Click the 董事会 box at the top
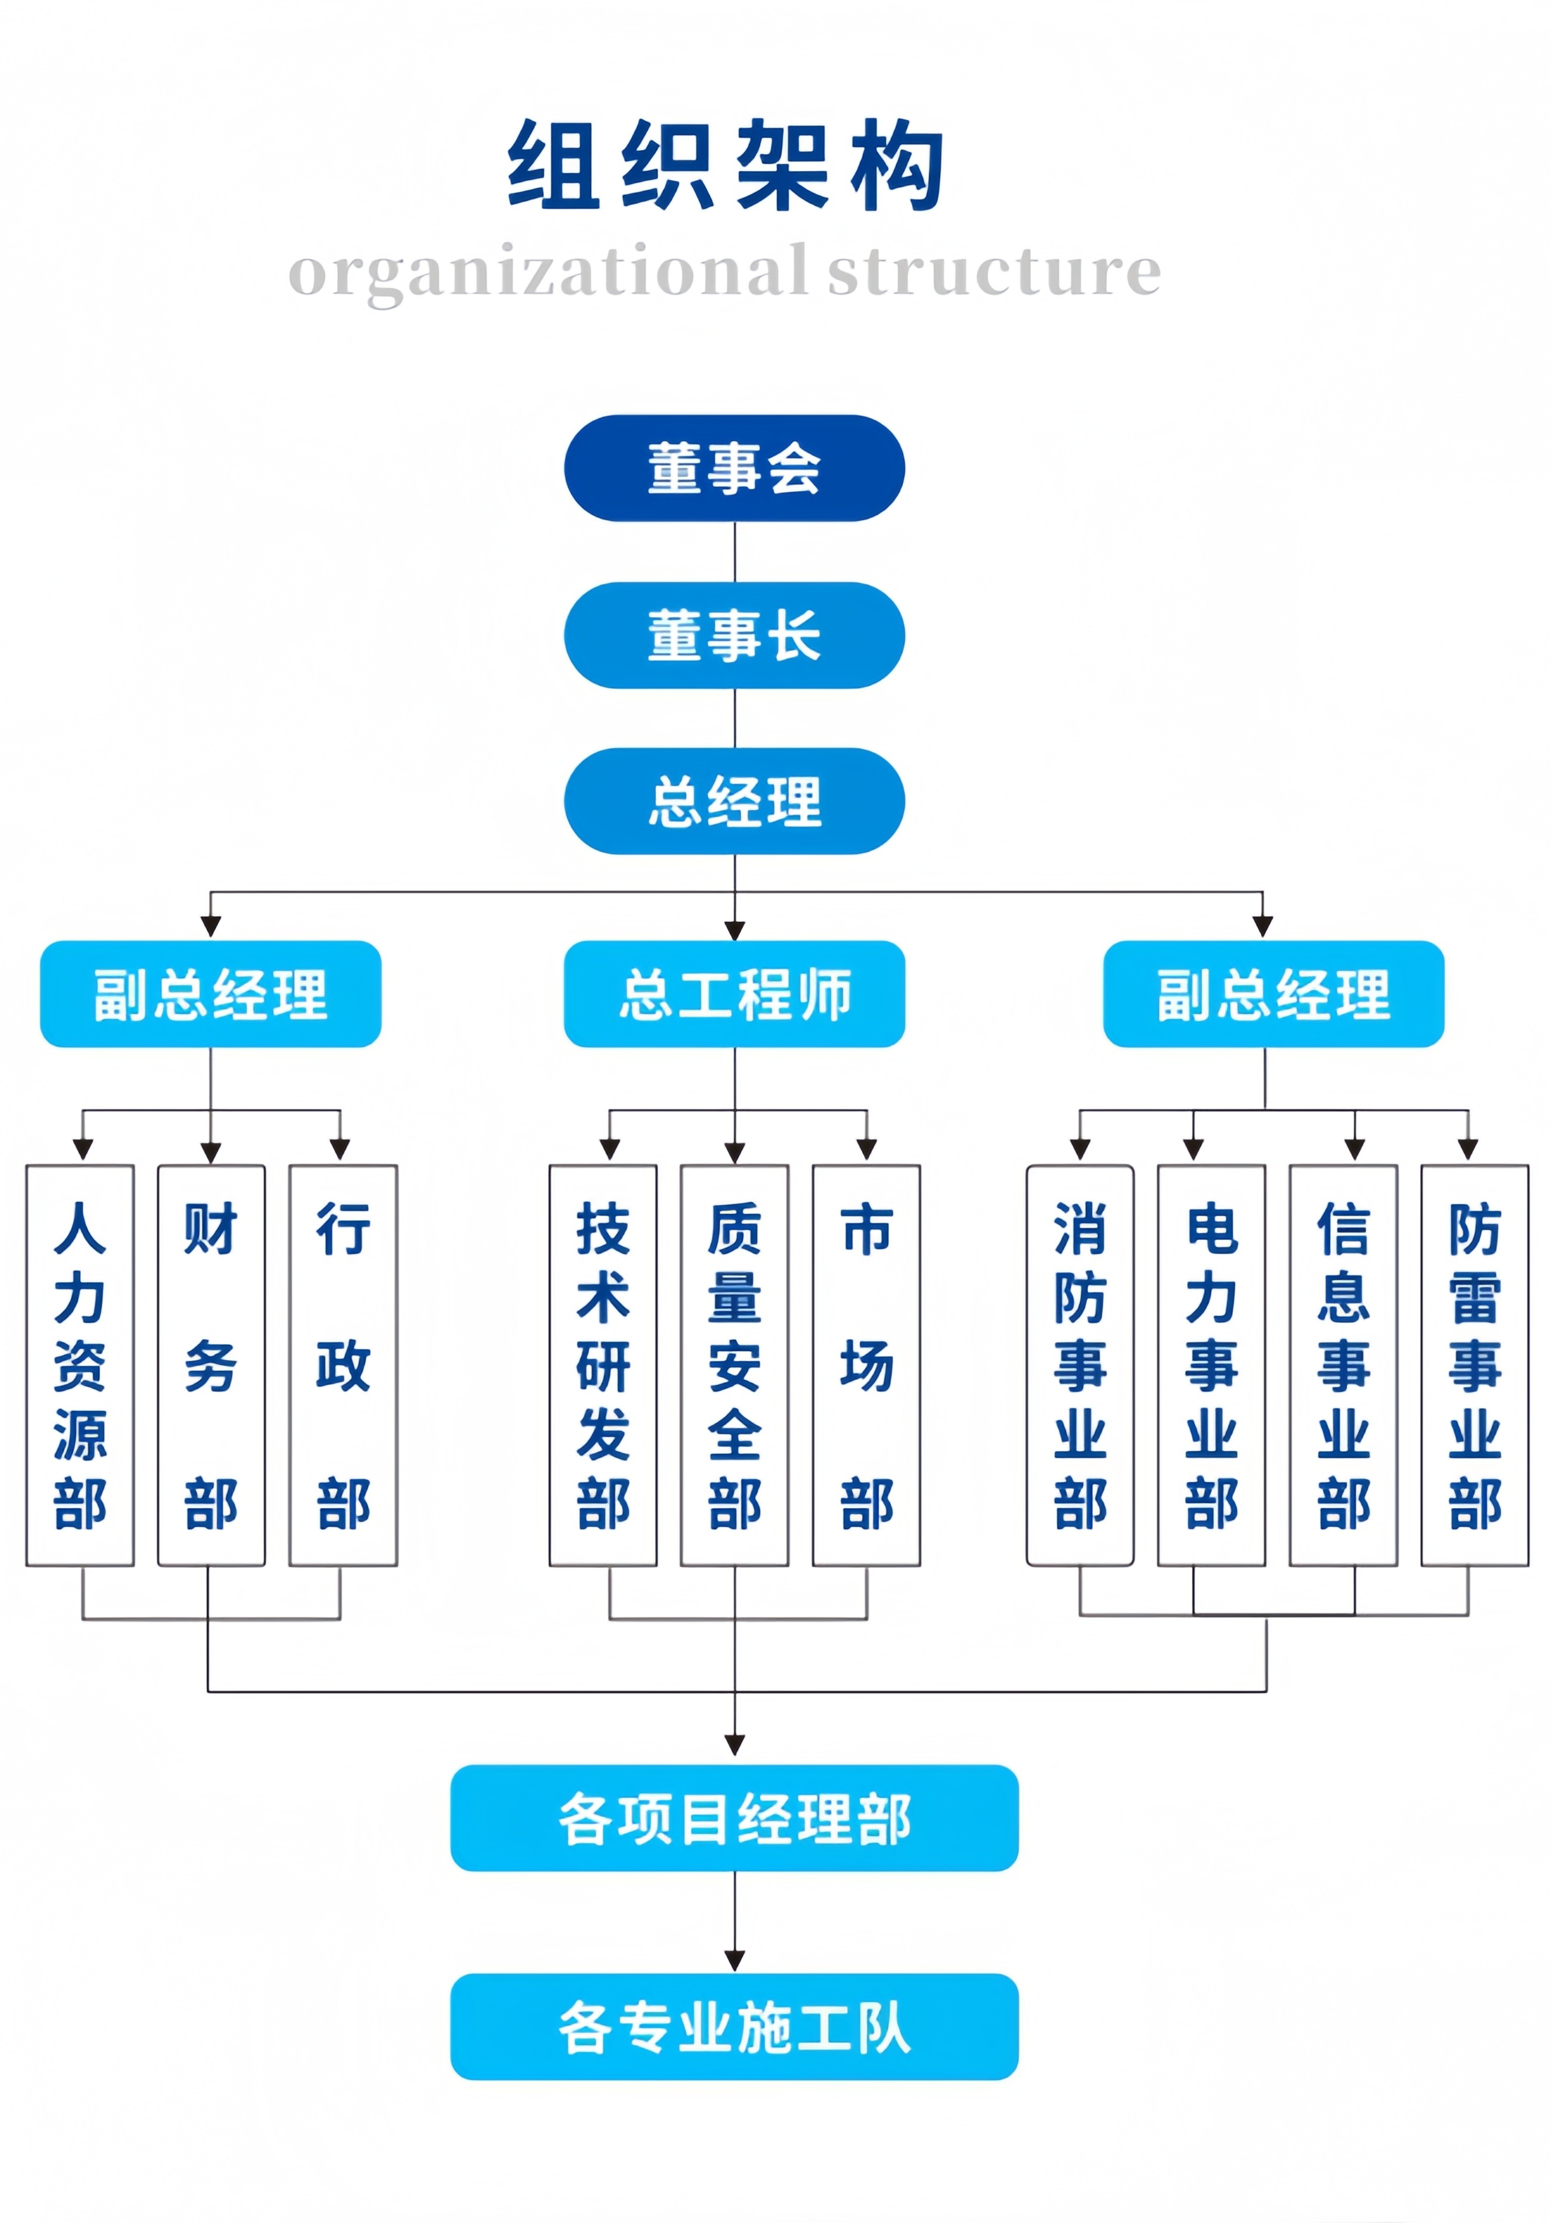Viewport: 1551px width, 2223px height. pyautogui.click(x=734, y=468)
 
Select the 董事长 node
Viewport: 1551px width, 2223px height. pyautogui.click(x=734, y=635)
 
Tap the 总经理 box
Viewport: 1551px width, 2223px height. pyautogui.click(x=734, y=801)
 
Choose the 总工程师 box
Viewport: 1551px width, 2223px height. pyautogui.click(x=734, y=993)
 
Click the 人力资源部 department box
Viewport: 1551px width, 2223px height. pyautogui.click(x=80, y=1364)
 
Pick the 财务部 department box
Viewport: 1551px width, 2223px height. pyautogui.click(x=211, y=1364)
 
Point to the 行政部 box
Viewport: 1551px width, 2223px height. pyautogui.click(x=343, y=1364)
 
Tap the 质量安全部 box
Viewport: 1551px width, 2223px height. pyautogui.click(x=734, y=1364)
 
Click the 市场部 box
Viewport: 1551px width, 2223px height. pyautogui.click(x=866, y=1364)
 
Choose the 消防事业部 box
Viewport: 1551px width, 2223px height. pyautogui.click(x=1080, y=1364)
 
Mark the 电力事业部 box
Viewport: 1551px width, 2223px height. pyautogui.click(x=1211, y=1364)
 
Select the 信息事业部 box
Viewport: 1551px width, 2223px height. pyautogui.click(x=1343, y=1364)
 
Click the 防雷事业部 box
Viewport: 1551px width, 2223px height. pyautogui.click(x=1474, y=1364)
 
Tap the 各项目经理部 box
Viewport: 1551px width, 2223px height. pyautogui.click(x=734, y=1818)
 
